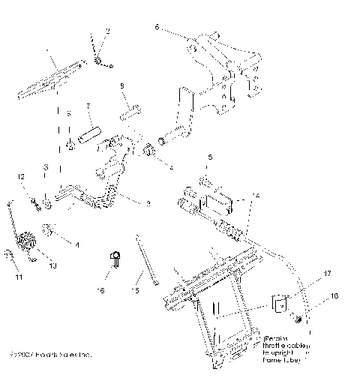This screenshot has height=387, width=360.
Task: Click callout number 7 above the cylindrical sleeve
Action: [88, 106]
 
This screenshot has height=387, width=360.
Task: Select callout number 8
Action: [122, 86]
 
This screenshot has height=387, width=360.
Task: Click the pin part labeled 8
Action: [129, 106]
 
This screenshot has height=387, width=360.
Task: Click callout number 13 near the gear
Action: [52, 265]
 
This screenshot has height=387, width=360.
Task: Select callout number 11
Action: [19, 277]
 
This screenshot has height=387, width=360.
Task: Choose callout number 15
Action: [136, 289]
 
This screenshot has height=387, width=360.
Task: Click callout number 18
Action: [334, 296]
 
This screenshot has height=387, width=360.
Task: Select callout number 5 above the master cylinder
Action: [210, 157]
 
